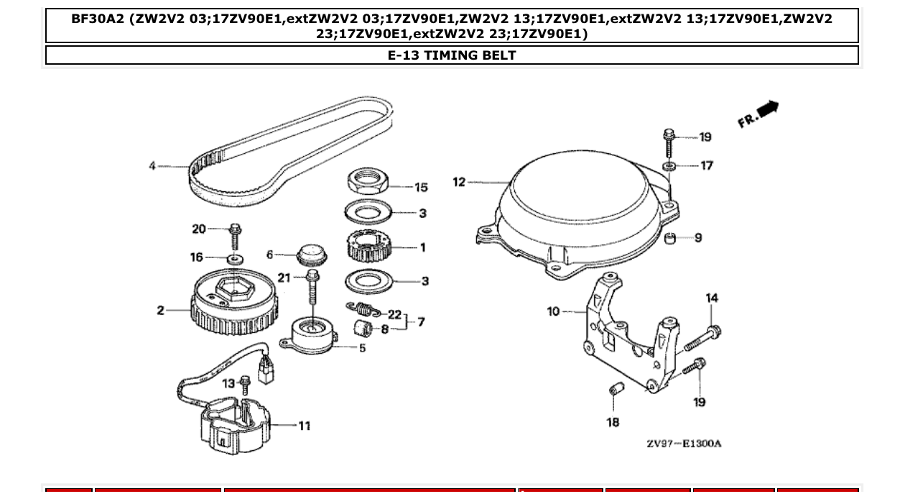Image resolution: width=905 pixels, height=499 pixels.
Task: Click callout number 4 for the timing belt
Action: click(152, 166)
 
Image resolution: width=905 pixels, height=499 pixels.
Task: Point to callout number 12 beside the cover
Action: click(460, 182)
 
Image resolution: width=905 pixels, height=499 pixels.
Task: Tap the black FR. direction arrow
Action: click(767, 109)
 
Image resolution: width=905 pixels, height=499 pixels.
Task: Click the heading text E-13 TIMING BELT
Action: click(452, 55)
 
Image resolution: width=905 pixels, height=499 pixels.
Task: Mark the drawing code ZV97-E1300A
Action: click(683, 444)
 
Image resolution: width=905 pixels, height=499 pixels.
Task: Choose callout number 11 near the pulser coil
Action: click(305, 426)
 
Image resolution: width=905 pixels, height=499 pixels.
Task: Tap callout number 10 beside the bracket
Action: click(553, 311)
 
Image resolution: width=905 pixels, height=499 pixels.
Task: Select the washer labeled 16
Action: click(234, 257)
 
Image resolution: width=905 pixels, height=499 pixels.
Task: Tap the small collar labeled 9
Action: click(670, 238)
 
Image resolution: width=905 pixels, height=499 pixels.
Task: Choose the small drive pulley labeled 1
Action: click(368, 247)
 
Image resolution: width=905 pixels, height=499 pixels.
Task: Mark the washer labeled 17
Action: click(669, 166)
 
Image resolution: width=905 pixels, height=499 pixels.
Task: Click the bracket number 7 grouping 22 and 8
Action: click(421, 322)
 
